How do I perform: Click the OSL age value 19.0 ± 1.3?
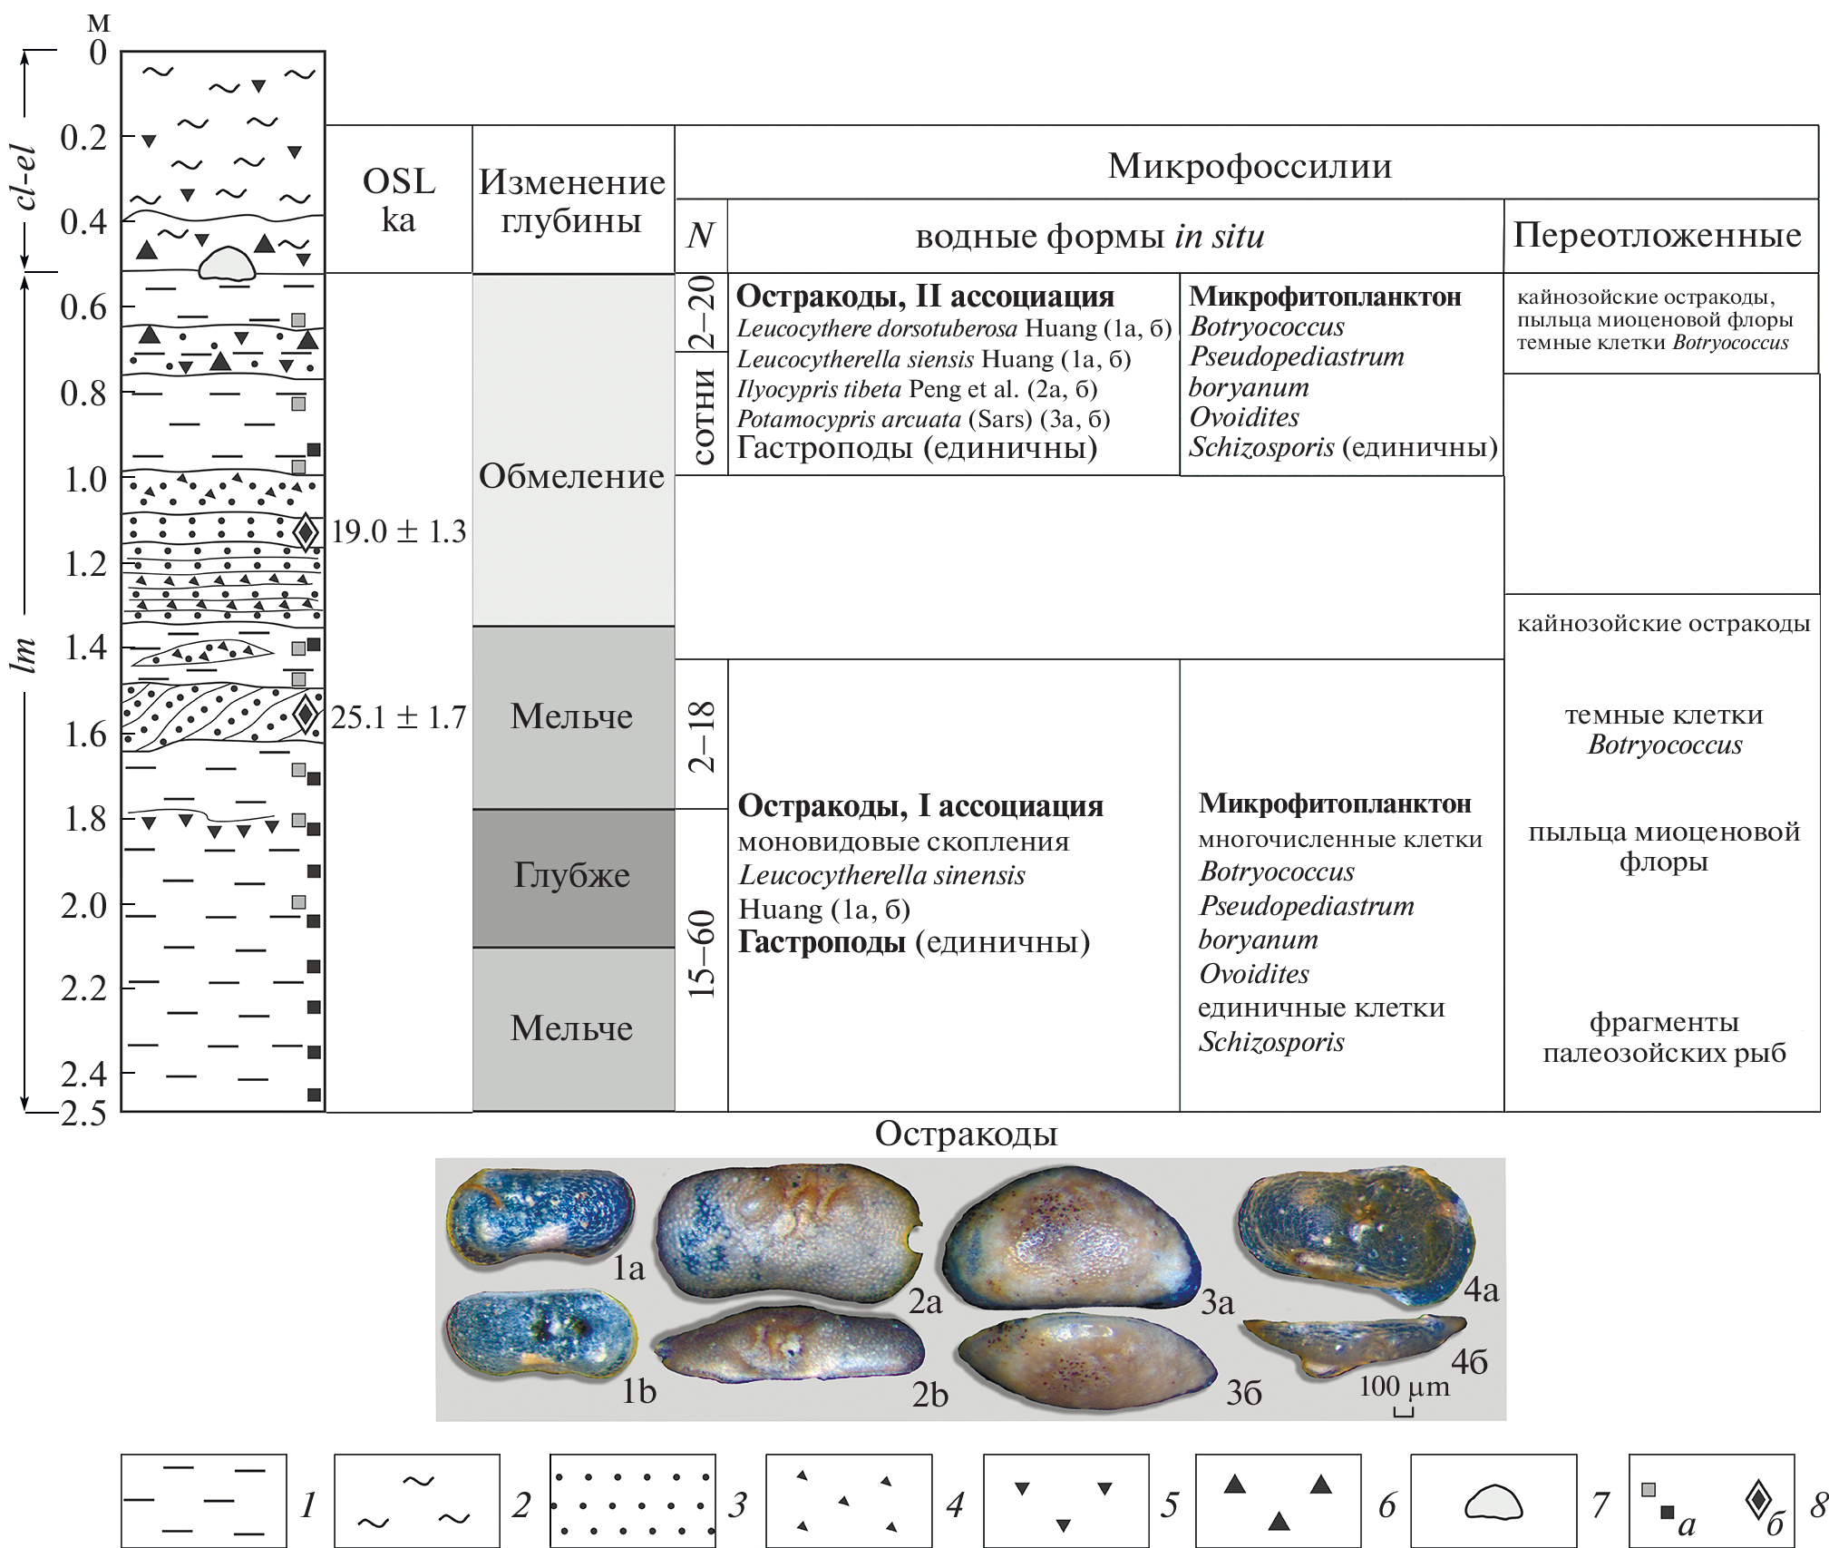pos(398,531)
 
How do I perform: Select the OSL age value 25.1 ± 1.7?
pos(398,717)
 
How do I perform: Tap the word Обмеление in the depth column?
pos(571,476)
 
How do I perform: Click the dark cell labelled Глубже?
pos(572,875)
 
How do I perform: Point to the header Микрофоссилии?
pos(1249,166)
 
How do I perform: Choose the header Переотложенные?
pos(1657,235)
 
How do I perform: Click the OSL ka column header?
pos(399,200)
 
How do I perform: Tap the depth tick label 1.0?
pos(84,479)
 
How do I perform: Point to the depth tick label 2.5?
pos(83,1114)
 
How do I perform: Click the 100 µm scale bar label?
pos(1403,1387)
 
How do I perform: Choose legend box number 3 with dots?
pos(632,1501)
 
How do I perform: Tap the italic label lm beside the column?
pos(24,653)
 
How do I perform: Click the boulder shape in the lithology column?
pos(227,262)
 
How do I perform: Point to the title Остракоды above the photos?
pos(966,1134)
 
